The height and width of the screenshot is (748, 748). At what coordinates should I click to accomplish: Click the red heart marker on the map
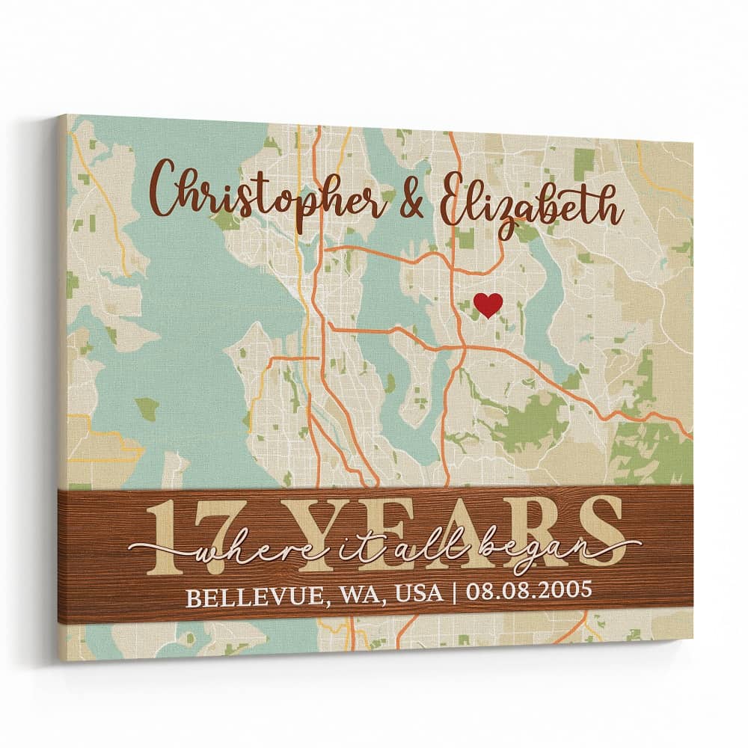point(488,304)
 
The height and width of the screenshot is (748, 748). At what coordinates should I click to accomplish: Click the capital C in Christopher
point(165,196)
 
